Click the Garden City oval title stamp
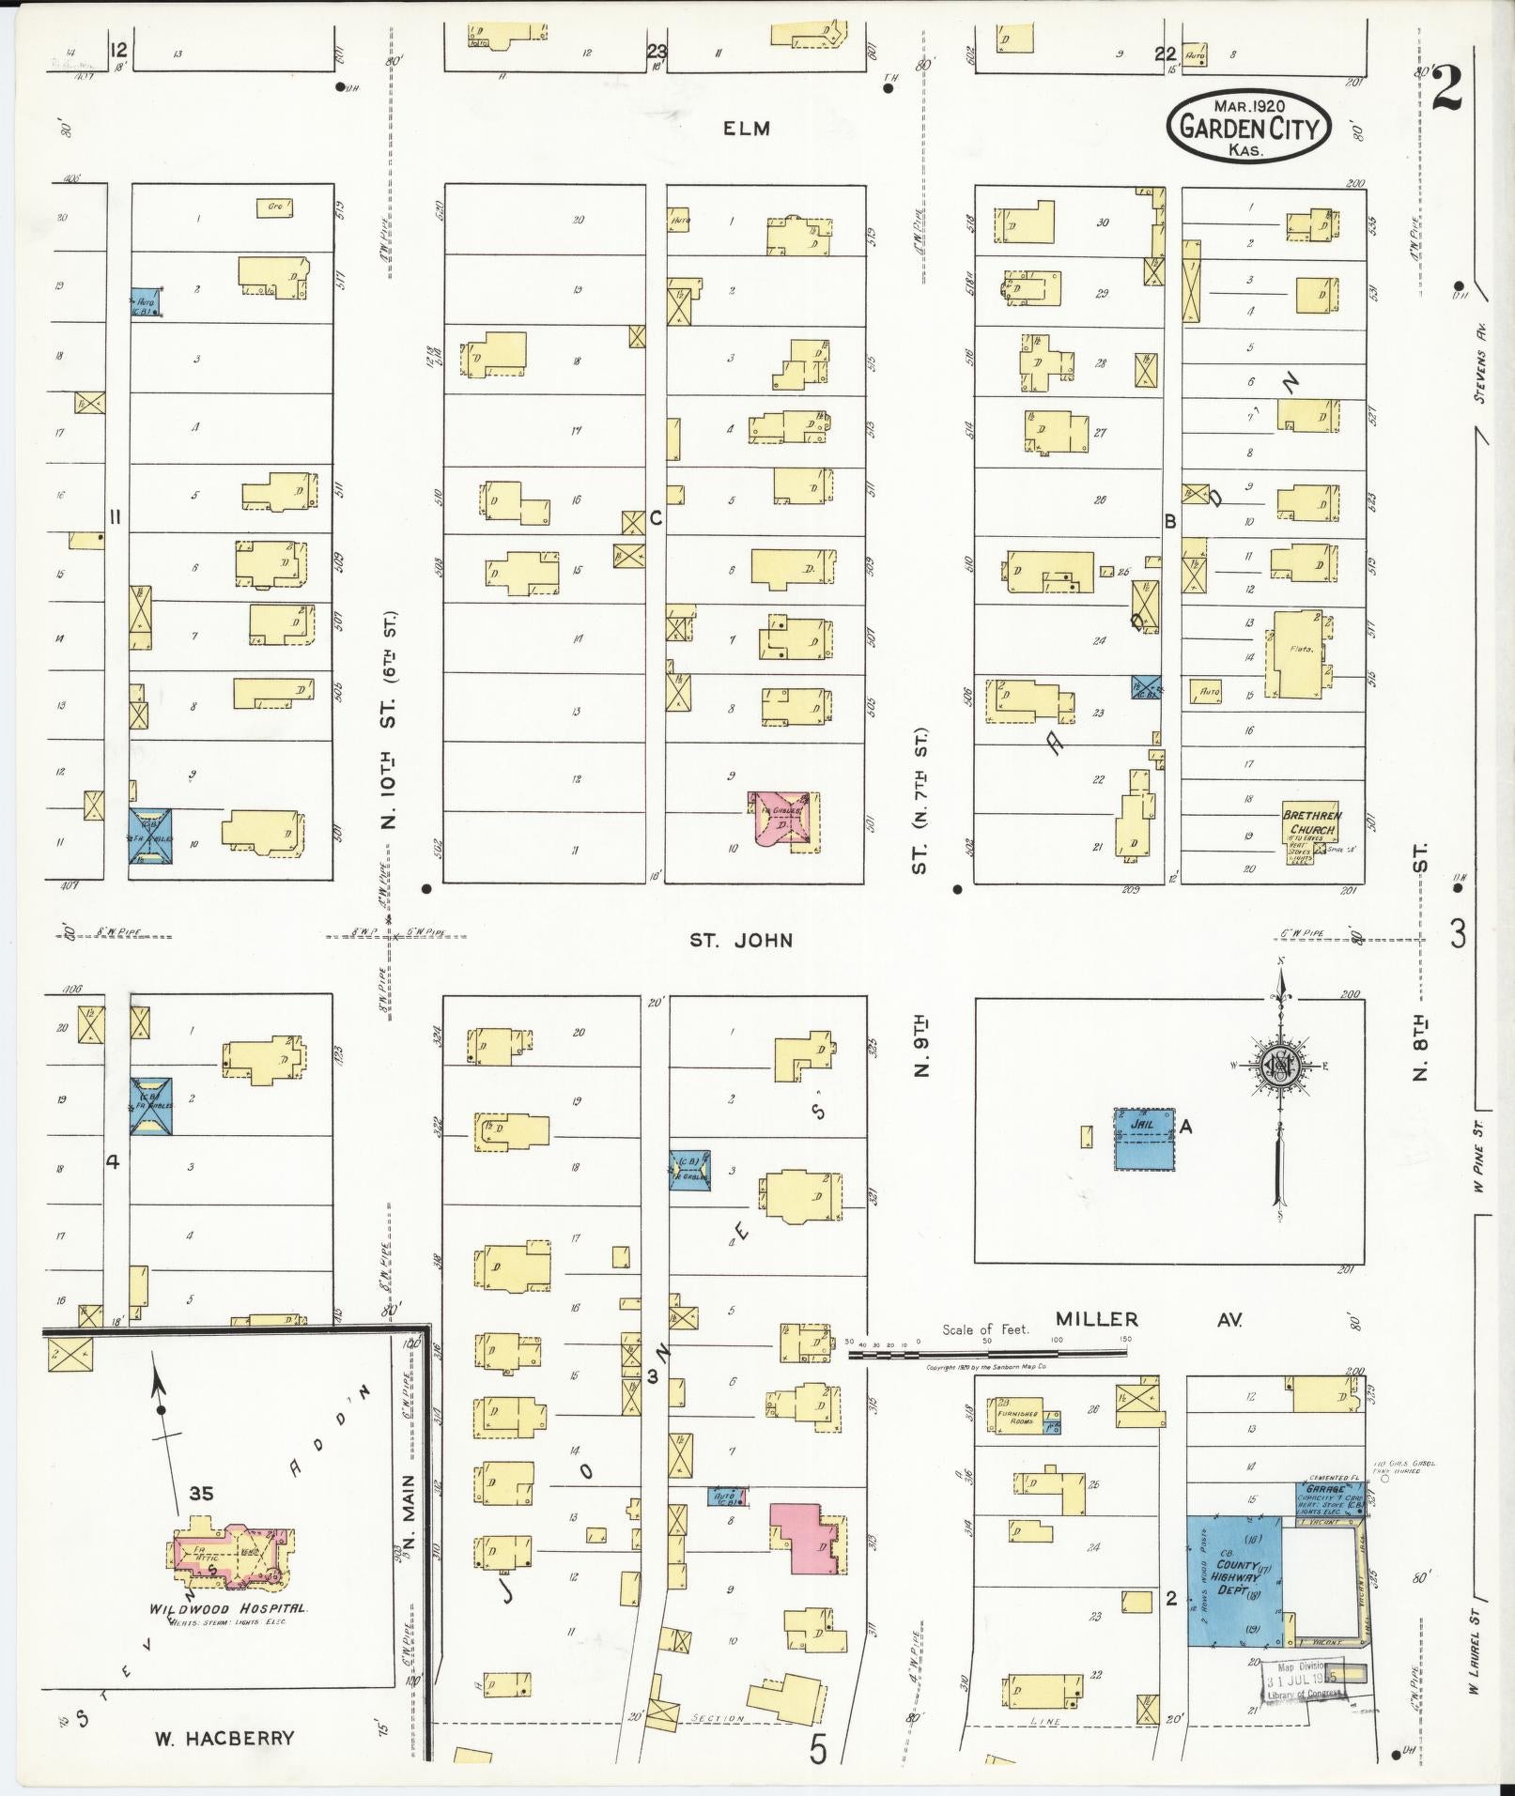(1248, 127)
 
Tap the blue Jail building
(1144, 1138)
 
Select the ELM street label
(747, 129)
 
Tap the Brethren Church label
(1310, 822)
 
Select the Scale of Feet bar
(986, 1353)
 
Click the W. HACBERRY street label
(224, 1738)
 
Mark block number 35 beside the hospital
(201, 1494)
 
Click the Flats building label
(1301, 649)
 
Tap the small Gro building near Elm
(275, 207)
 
